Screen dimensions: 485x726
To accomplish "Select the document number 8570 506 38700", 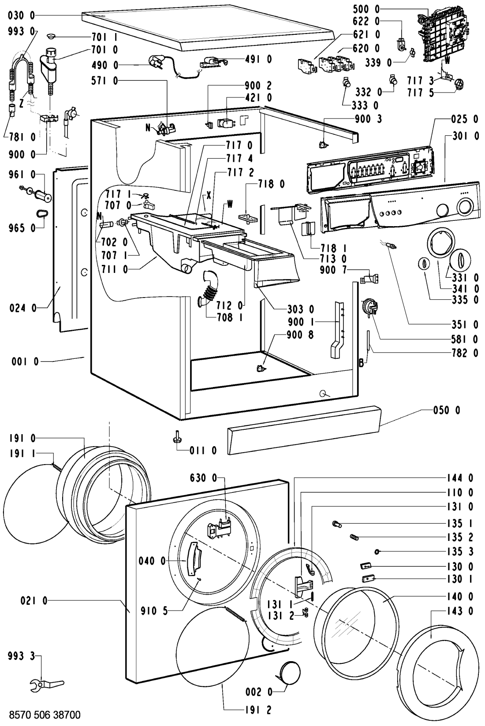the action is (45, 715).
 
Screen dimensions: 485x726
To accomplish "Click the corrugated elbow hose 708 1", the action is (207, 288).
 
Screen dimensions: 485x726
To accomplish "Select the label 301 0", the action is (465, 136).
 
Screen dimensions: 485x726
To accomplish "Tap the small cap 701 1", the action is (52, 35).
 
